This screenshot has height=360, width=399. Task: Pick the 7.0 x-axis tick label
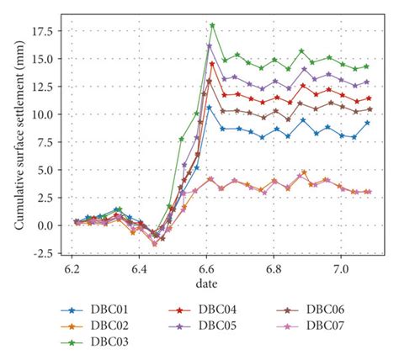342,268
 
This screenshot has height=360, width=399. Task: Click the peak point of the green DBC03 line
212,25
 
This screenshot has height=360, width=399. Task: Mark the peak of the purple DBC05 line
209,46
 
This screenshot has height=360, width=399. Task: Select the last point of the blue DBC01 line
367,123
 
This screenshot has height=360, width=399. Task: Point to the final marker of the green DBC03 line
367,66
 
